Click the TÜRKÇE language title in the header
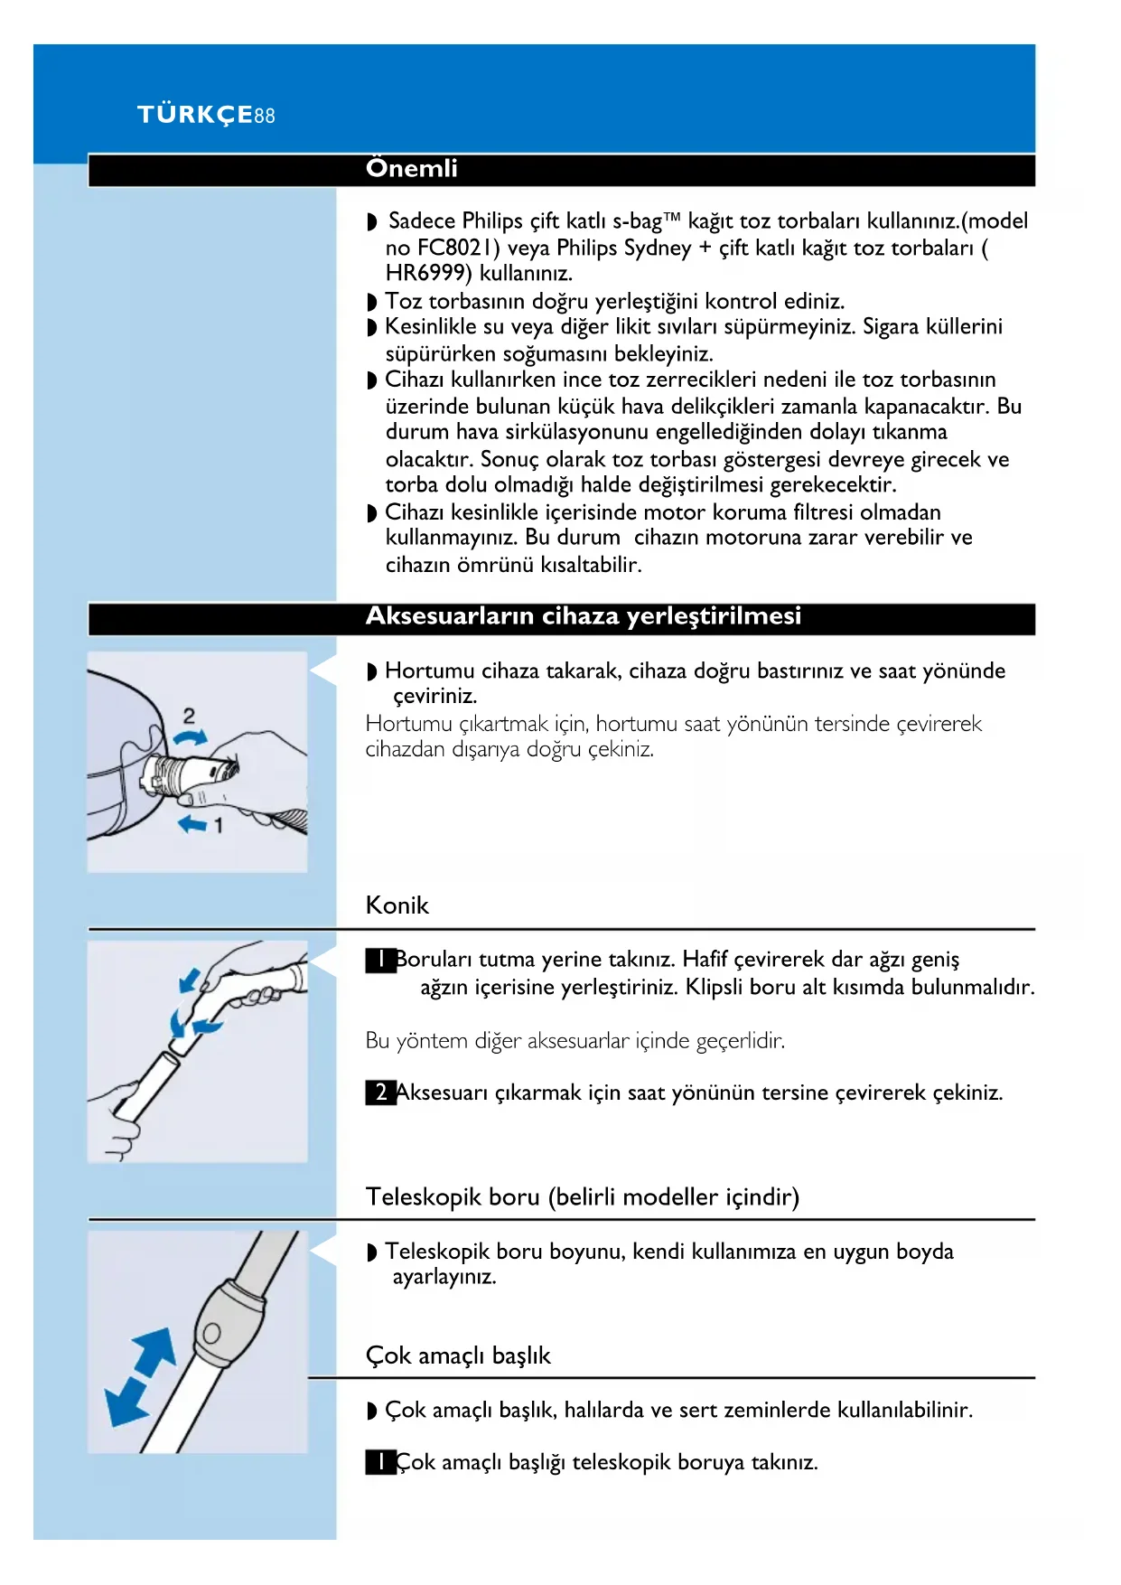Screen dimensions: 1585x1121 [194, 115]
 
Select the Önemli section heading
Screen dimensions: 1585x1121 [411, 169]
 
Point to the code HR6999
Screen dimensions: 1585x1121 [428, 274]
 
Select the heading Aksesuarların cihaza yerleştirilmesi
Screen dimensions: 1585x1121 [583, 616]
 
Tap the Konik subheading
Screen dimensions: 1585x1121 [397, 905]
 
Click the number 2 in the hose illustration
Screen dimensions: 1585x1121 [189, 716]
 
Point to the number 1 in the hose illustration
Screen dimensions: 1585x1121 [218, 825]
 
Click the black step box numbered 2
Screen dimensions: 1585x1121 [380, 1093]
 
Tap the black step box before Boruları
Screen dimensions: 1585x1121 [380, 960]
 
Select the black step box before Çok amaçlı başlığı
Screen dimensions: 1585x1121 [380, 1462]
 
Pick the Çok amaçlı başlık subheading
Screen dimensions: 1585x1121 [458, 1355]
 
